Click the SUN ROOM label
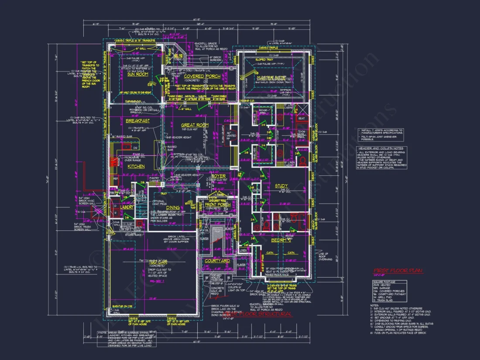pyautogui.click(x=137, y=75)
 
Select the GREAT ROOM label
pyautogui.click(x=195, y=125)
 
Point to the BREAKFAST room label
pyautogui.click(x=138, y=121)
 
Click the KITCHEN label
pyautogui.click(x=136, y=167)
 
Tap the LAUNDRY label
pyautogui.click(x=127, y=207)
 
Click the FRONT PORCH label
pyautogui.click(x=217, y=204)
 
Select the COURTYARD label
pyautogui.click(x=217, y=261)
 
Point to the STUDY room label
pyautogui.click(x=281, y=186)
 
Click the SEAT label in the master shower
pyautogui.click(x=301, y=118)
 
